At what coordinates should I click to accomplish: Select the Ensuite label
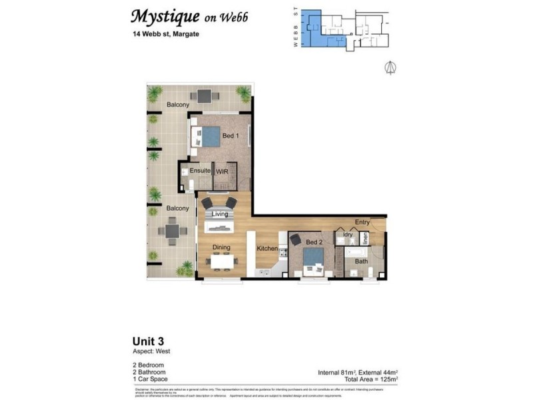coord(200,171)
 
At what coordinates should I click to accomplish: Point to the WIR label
coord(222,171)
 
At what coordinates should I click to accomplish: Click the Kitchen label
coord(267,248)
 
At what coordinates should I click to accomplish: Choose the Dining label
coord(221,247)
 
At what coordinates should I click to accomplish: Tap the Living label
coord(220,214)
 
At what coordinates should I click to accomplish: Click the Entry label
coord(362,222)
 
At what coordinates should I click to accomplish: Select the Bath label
coord(361,261)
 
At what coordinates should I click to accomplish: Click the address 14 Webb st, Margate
coord(165,34)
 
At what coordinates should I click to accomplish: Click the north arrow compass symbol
coord(391,67)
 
